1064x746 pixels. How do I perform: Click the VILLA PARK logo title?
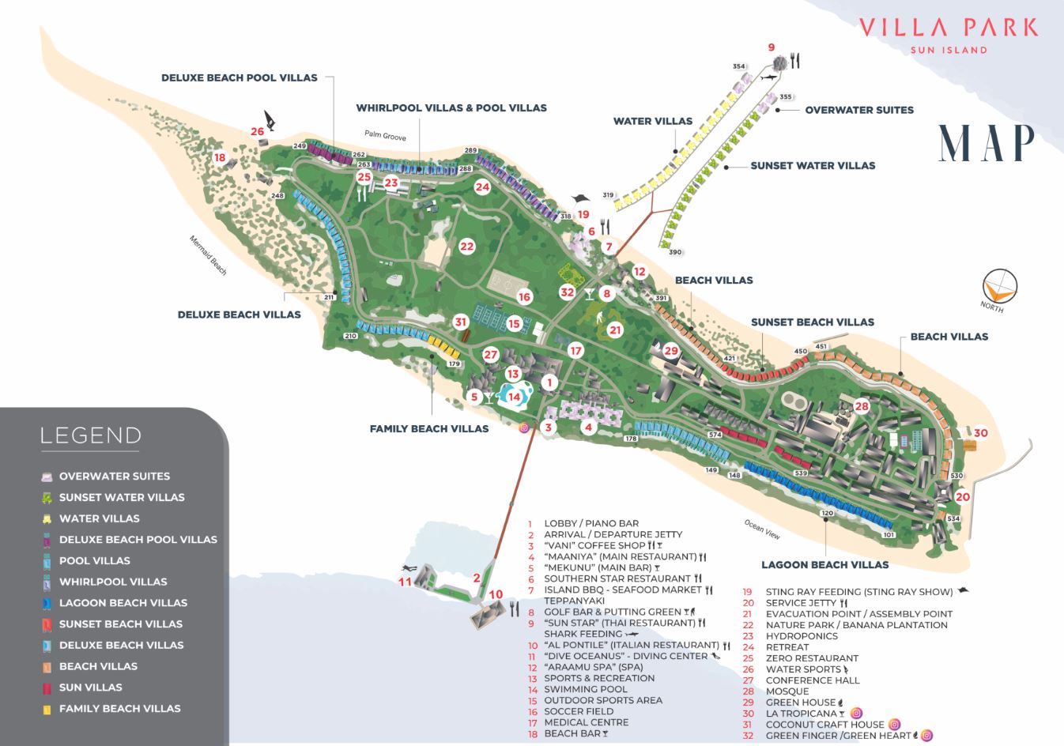coord(948,28)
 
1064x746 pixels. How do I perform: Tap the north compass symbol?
coord(998,287)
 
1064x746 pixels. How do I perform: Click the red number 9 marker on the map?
coord(772,47)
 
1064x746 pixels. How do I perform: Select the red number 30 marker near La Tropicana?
coord(980,433)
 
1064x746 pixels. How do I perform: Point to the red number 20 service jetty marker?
coord(962,497)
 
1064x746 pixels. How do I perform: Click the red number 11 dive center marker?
coord(405,582)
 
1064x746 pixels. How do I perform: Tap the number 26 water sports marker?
coord(258,131)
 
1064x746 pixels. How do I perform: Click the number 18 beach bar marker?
coord(220,158)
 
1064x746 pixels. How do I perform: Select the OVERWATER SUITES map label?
coord(858,110)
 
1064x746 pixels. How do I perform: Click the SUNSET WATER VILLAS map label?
coord(813,165)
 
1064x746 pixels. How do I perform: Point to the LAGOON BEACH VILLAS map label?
coord(824,564)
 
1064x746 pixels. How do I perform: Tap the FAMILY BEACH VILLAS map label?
coord(429,428)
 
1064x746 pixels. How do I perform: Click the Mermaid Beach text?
coord(208,255)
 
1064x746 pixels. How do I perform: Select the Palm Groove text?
coord(385,136)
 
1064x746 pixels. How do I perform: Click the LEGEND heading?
coord(90,435)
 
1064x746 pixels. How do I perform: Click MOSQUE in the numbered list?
coord(787,691)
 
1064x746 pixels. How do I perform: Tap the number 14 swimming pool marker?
coord(514,397)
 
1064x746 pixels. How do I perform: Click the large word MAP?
coord(986,143)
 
